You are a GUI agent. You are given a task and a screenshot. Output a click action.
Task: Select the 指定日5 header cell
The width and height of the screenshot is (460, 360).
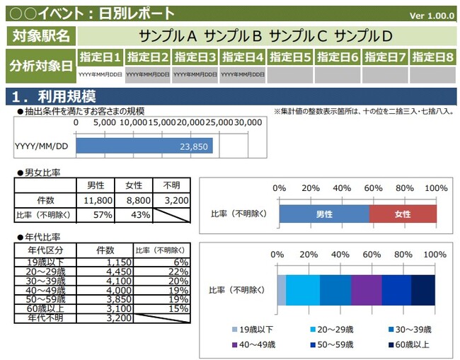coord(290,57)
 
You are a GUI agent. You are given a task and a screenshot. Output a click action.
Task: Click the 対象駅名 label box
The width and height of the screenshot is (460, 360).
coord(40,35)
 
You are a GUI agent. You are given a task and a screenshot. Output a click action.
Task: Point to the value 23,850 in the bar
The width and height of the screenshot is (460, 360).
coord(194,146)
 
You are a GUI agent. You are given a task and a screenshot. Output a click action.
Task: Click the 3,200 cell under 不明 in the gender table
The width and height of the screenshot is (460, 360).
coord(171,200)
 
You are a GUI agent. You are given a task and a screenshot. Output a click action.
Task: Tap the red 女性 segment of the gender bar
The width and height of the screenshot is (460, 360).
coord(403,214)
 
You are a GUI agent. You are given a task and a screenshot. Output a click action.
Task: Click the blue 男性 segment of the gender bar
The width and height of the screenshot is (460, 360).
coord(324,214)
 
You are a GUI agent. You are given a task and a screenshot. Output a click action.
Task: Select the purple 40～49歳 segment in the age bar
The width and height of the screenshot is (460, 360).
coord(366,290)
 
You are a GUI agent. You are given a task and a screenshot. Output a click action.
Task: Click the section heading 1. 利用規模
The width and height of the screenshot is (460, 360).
coord(53,96)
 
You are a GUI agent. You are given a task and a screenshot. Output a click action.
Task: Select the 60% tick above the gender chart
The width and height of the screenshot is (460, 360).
coord(373,188)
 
